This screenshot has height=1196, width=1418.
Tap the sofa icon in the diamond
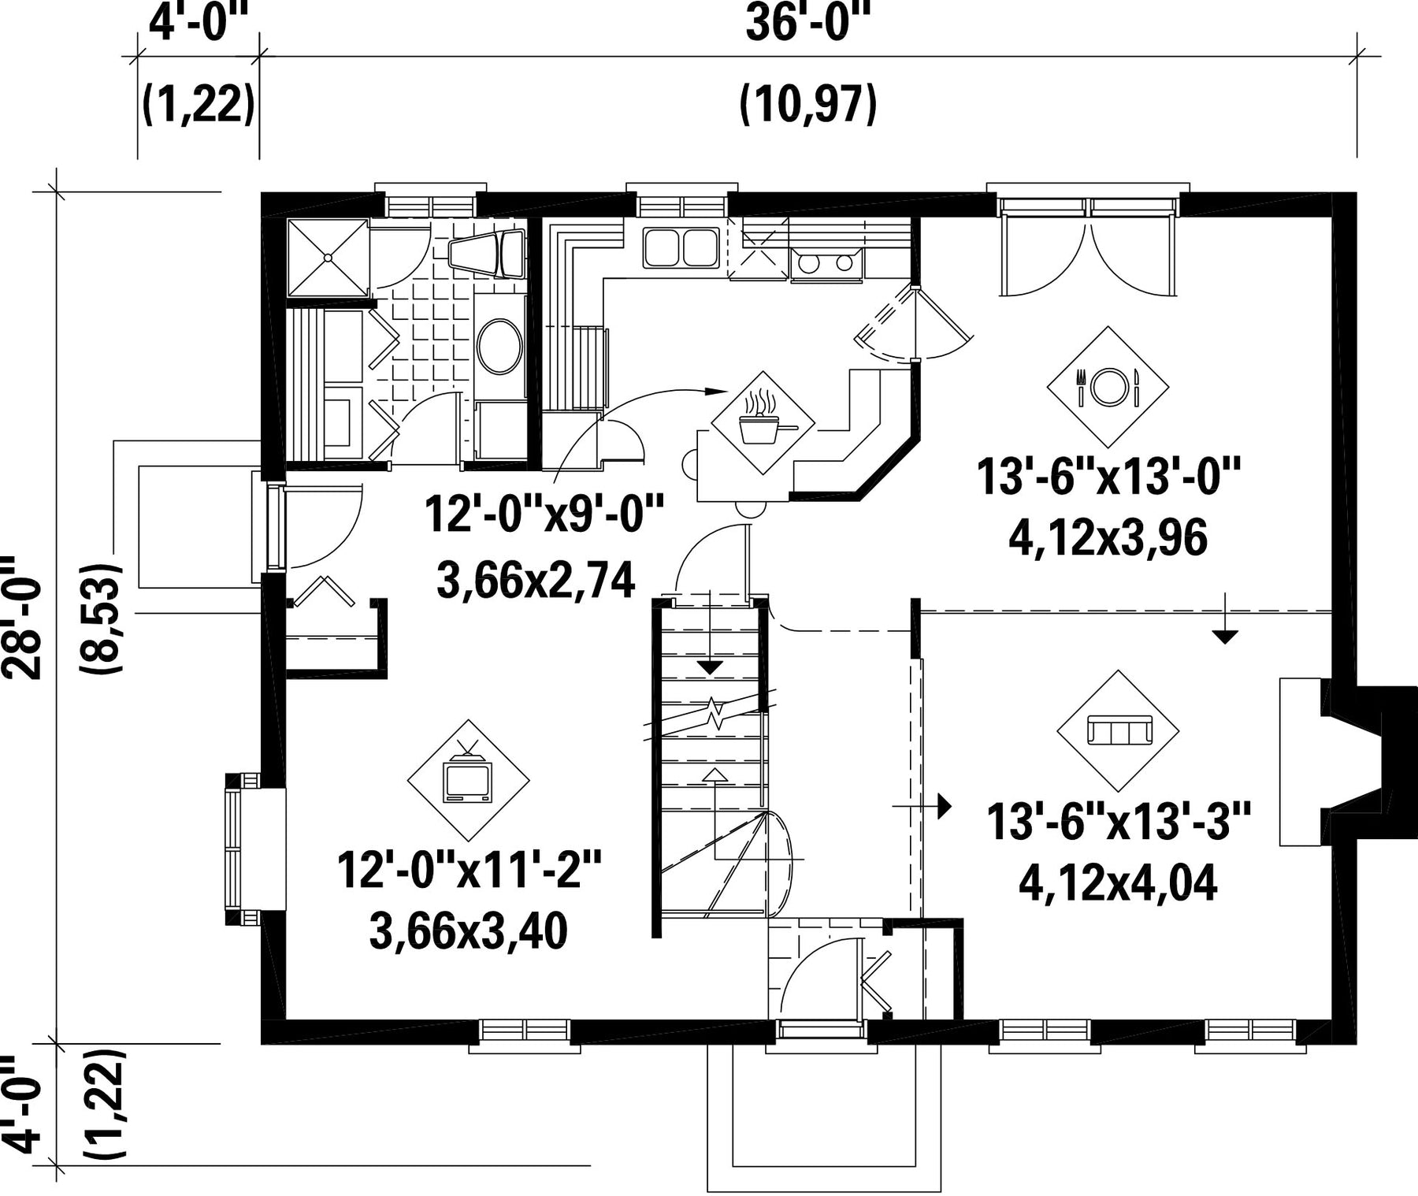1119,730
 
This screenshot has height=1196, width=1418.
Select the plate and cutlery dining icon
1108,387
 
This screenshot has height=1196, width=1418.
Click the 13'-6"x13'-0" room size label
1108,477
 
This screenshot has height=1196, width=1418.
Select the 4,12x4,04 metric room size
1118,883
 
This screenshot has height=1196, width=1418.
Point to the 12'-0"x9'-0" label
544,514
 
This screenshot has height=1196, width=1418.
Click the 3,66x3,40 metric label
468,932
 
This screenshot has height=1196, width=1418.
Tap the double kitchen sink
681,247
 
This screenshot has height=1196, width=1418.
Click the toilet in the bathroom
486,253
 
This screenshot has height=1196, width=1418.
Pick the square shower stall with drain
328,258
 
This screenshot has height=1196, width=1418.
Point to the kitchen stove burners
826,263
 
